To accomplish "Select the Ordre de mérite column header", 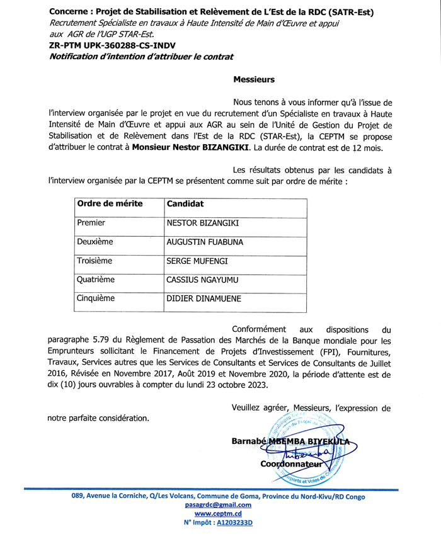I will pos(110,204).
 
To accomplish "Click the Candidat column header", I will pos(185,204).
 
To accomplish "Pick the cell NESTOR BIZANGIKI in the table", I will pos(202,223).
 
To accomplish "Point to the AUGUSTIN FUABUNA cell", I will pos(204,242).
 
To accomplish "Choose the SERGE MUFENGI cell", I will pos(197,261).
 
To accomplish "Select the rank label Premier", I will pos(91,223).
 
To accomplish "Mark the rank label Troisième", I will pos(94,261).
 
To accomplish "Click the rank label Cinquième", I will pos(96,298).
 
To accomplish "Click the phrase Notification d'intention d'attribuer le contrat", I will pos(140,57).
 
